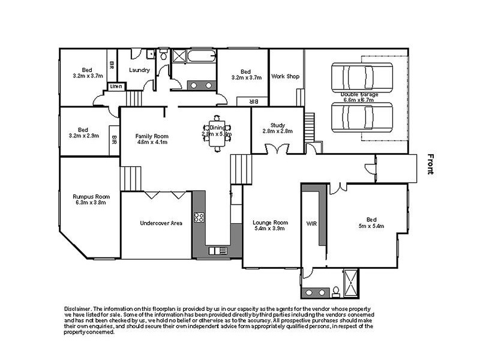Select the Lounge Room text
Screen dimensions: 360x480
(270, 223)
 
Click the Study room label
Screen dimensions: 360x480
(277, 125)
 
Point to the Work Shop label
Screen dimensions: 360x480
(285, 77)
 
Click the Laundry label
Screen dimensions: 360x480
(140, 70)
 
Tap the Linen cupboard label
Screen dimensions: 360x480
(116, 87)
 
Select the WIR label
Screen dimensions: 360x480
(311, 223)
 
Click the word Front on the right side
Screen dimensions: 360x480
(430, 163)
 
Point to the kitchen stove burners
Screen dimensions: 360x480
(199, 217)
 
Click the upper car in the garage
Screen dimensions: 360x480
(362, 77)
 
